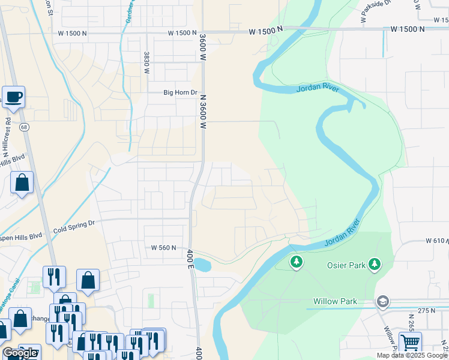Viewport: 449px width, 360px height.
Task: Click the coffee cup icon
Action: [13, 97]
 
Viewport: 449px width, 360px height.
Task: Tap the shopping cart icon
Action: [410, 343]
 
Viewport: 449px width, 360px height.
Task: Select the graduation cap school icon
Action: [382, 301]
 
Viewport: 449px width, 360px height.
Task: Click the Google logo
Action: [20, 353]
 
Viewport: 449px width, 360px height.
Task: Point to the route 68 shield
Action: [24, 127]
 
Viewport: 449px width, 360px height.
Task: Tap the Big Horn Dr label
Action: [181, 92]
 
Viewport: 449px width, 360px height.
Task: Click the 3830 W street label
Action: [146, 62]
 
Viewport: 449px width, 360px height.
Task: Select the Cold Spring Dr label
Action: [74, 226]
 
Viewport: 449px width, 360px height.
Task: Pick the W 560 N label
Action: [163, 247]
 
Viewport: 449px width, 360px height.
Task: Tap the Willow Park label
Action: [335, 301]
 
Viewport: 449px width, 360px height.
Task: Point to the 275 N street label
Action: [427, 310]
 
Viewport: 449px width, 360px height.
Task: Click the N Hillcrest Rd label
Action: [8, 129]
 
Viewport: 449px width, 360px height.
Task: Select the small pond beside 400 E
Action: [203, 265]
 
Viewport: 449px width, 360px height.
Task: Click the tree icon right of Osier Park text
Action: [375, 264]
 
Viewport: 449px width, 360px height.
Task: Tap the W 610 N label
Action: [437, 241]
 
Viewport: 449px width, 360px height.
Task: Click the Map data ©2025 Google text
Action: [412, 355]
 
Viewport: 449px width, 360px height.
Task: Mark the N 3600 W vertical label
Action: [203, 112]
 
